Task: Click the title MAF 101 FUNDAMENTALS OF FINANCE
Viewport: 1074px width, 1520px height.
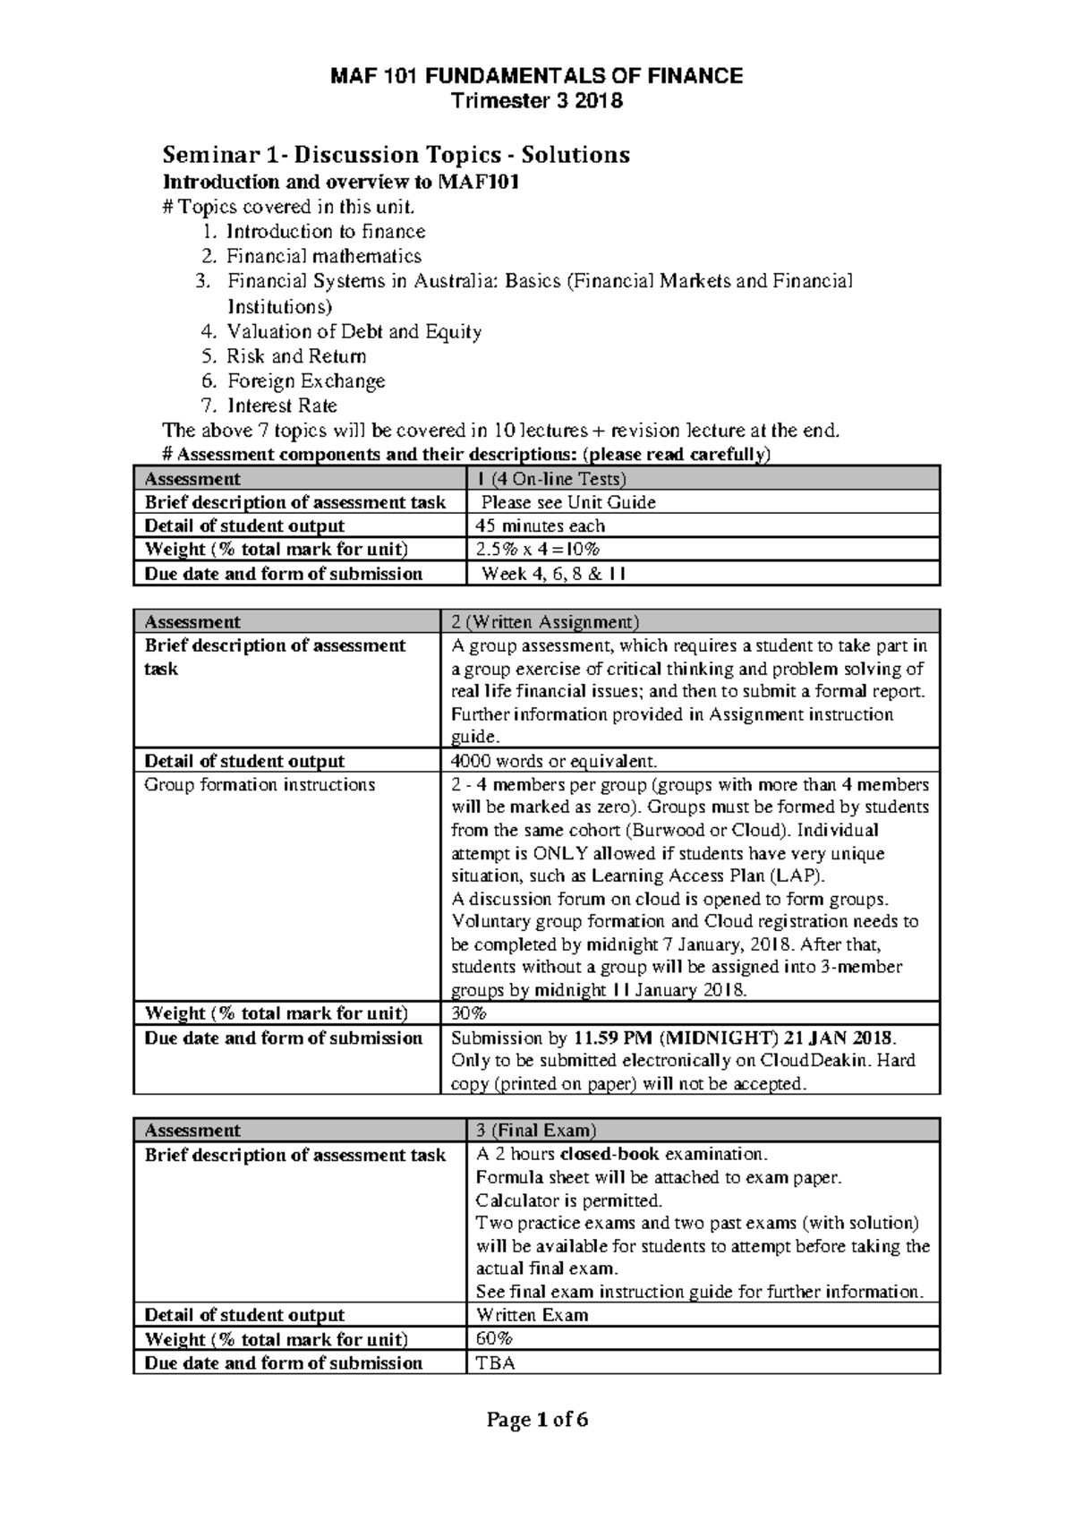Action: [x=536, y=76]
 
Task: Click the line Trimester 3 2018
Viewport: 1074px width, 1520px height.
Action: [x=536, y=101]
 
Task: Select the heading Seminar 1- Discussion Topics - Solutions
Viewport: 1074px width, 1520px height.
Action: [x=396, y=155]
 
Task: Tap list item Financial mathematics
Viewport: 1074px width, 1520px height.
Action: [x=323, y=256]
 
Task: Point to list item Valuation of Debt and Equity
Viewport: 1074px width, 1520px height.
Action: [x=354, y=332]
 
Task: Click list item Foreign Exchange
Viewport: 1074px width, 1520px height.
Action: [x=305, y=381]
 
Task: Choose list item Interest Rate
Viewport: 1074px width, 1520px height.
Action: [x=282, y=406]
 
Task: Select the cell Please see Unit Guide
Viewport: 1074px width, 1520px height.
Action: [x=568, y=502]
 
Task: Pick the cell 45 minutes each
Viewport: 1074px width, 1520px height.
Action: [x=540, y=526]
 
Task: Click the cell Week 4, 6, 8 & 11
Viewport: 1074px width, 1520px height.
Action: [x=553, y=574]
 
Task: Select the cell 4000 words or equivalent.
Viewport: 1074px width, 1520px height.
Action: [x=554, y=762]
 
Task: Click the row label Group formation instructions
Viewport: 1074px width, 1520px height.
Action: [x=260, y=785]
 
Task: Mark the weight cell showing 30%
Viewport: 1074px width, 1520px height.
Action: [x=469, y=1013]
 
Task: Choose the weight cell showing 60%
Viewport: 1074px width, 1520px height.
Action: [x=494, y=1339]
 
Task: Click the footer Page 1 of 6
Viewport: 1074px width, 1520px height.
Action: [x=536, y=1421]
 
